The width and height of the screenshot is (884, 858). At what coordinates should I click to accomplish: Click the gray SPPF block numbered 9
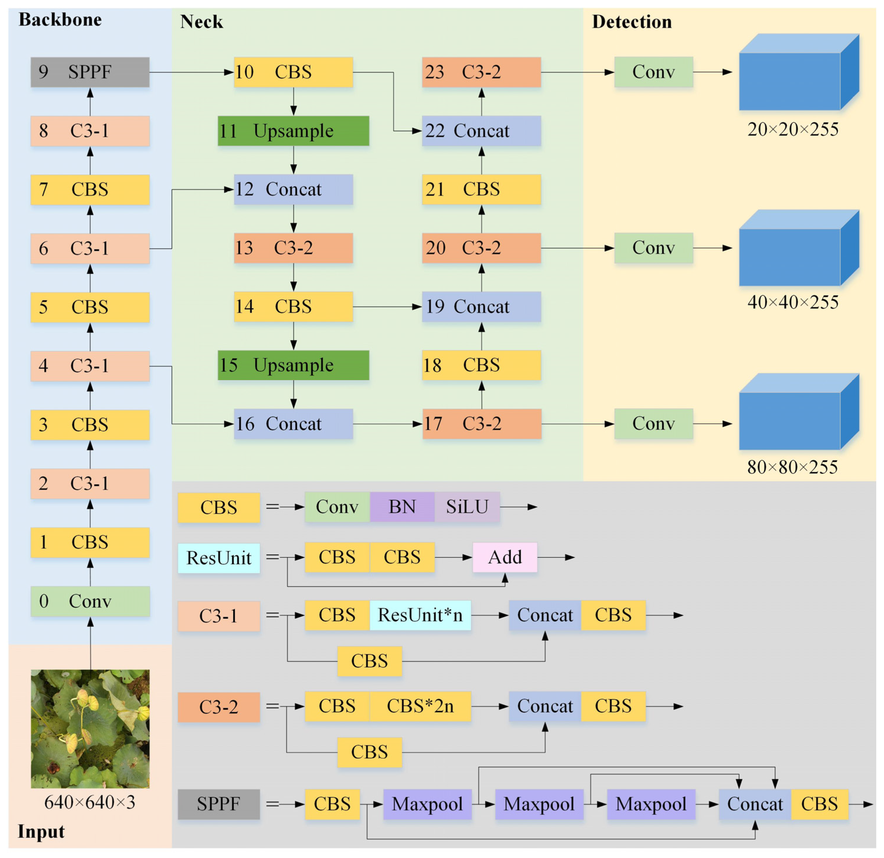pyautogui.click(x=90, y=72)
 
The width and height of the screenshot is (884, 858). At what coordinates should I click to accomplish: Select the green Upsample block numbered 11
pyautogui.click(x=293, y=131)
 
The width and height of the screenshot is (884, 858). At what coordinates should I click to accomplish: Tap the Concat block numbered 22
pyautogui.click(x=481, y=131)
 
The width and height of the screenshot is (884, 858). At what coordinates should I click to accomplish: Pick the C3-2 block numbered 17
pyautogui.click(x=481, y=424)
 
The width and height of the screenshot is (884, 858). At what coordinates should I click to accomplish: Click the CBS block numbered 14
pyautogui.click(x=293, y=307)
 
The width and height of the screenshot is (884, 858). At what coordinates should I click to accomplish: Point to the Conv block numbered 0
pyautogui.click(x=90, y=601)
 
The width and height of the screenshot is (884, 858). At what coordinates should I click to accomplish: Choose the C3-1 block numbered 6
pyautogui.click(x=90, y=248)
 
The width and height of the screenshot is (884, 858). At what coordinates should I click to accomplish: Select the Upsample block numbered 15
pyautogui.click(x=293, y=365)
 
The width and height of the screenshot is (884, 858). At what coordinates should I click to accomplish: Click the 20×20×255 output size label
pyautogui.click(x=793, y=129)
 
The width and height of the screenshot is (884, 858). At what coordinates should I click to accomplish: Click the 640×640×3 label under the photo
pyautogui.click(x=90, y=802)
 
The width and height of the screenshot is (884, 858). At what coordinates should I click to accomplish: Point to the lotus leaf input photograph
pyautogui.click(x=90, y=729)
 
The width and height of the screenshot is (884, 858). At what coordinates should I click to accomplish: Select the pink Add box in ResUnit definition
pyautogui.click(x=505, y=558)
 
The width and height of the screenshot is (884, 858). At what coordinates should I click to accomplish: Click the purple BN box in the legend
pyautogui.click(x=402, y=507)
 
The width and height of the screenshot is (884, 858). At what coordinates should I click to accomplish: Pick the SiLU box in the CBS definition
pyautogui.click(x=467, y=507)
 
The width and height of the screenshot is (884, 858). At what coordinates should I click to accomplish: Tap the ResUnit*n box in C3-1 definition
pyautogui.click(x=420, y=615)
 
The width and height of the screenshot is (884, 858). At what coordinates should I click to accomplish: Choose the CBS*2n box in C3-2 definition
pyautogui.click(x=420, y=706)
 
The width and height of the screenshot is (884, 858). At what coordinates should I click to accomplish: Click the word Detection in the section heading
pyautogui.click(x=632, y=22)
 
